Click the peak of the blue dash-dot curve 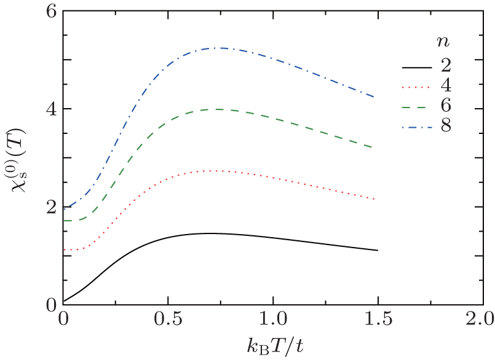pyautogui.click(x=218, y=48)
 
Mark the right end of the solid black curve pyautogui.click(x=376, y=250)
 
